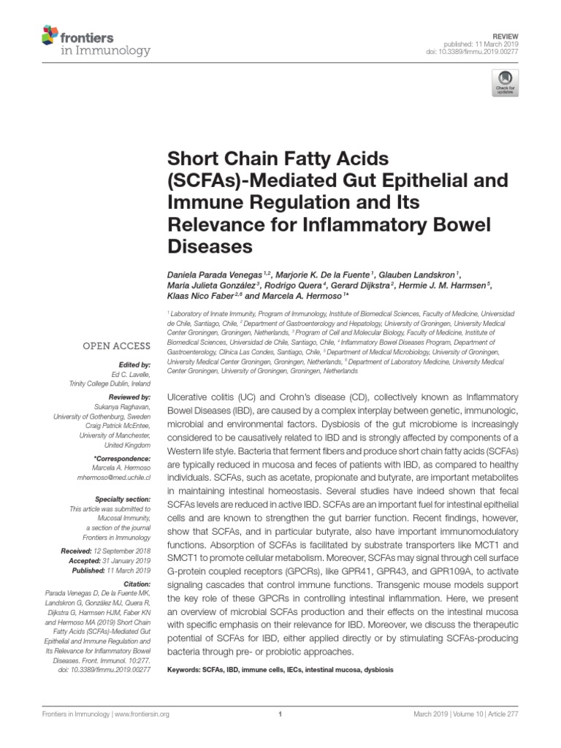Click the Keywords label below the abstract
(x=186, y=670)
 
